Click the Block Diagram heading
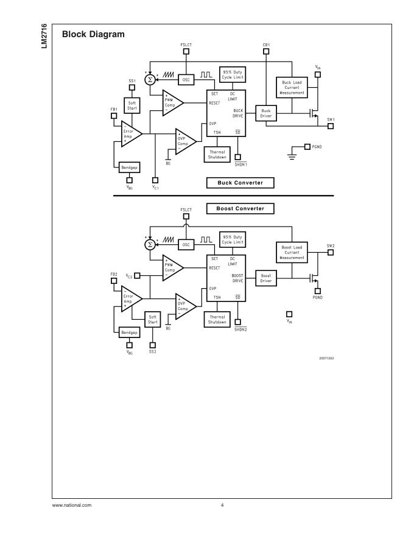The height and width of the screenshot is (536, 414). click(x=93, y=34)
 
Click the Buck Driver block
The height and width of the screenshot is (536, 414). click(x=265, y=113)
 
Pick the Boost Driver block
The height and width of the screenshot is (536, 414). click(x=265, y=278)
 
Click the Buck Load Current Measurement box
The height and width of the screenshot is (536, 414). click(x=292, y=88)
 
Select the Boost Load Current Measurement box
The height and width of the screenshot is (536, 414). click(x=292, y=253)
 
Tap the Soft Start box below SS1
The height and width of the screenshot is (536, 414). click(x=132, y=105)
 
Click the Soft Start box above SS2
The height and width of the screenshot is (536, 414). click(x=152, y=319)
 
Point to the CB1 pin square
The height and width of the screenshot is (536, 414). click(x=266, y=51)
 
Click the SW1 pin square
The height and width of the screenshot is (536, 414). click(x=331, y=127)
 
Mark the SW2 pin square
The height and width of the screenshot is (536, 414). click(x=331, y=253)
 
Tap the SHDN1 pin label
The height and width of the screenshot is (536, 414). click(x=240, y=164)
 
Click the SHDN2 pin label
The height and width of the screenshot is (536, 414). click(x=240, y=330)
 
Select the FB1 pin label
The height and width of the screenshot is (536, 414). click(x=114, y=109)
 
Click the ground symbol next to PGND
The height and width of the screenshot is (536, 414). click(x=290, y=157)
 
